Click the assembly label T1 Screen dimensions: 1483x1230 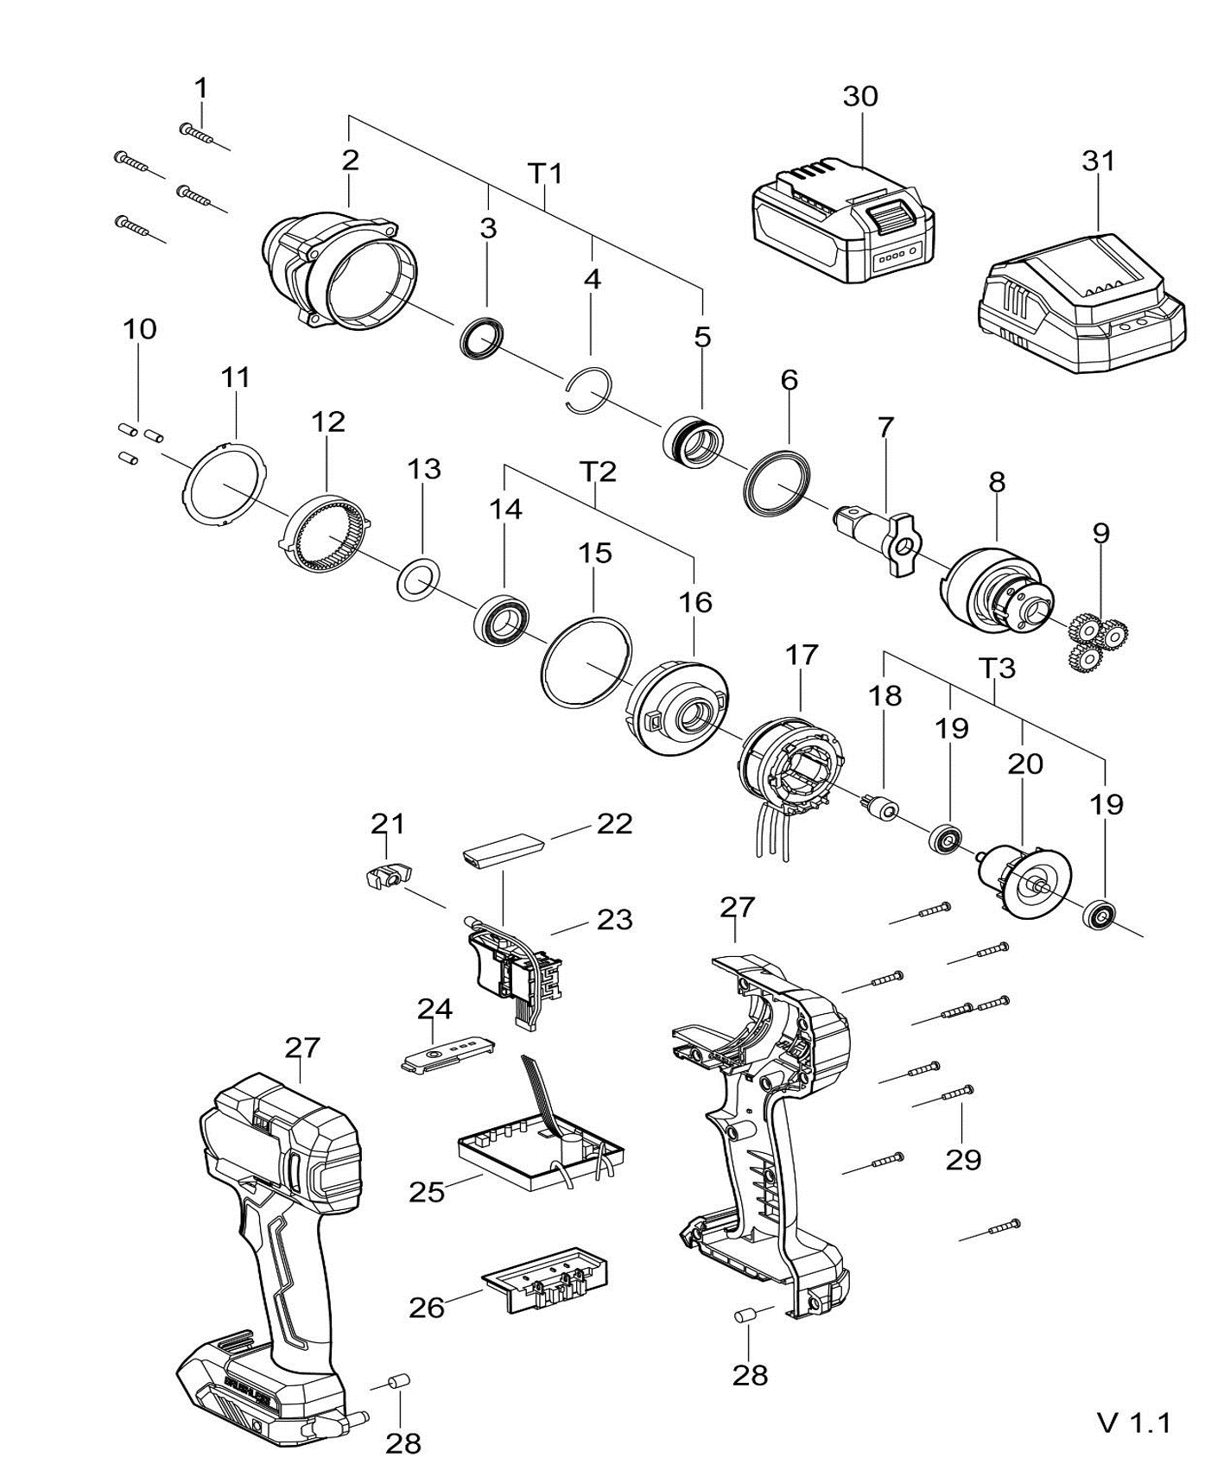point(545,174)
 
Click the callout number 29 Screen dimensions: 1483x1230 point(963,1159)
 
